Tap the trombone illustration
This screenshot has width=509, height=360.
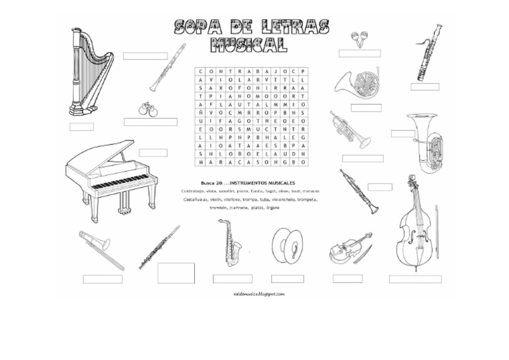pyautogui.click(x=101, y=249)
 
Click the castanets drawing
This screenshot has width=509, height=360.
pyautogui.click(x=148, y=109)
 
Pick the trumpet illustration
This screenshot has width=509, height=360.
pyautogui.click(x=349, y=129)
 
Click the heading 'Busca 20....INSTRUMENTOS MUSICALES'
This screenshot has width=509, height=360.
pyautogui.click(x=247, y=182)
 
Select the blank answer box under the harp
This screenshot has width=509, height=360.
pyautogui.click(x=82, y=126)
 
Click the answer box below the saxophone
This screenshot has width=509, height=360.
pyautogui.click(x=232, y=278)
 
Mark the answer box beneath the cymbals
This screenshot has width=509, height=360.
pyautogui.click(x=287, y=278)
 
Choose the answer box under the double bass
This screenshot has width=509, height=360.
pyautogui.click(x=415, y=279)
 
